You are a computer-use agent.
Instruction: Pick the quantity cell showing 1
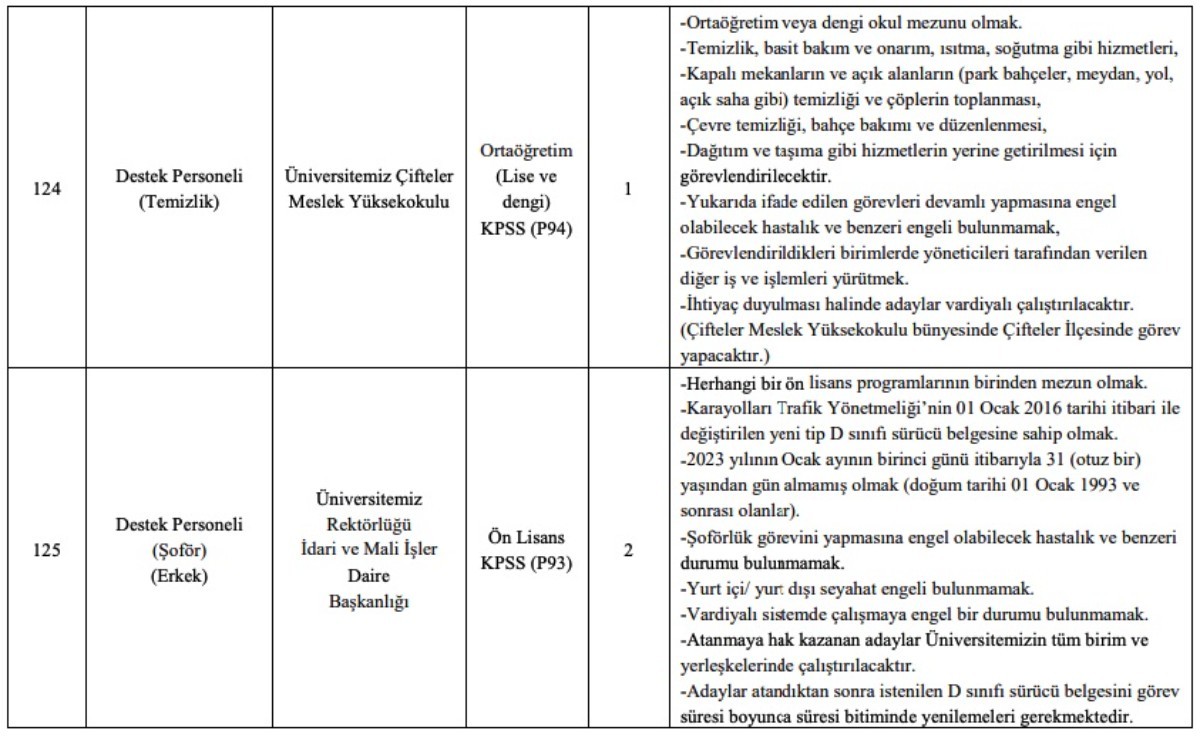point(627,187)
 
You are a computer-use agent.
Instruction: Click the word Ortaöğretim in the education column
point(527,152)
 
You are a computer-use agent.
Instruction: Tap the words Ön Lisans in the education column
point(527,538)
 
